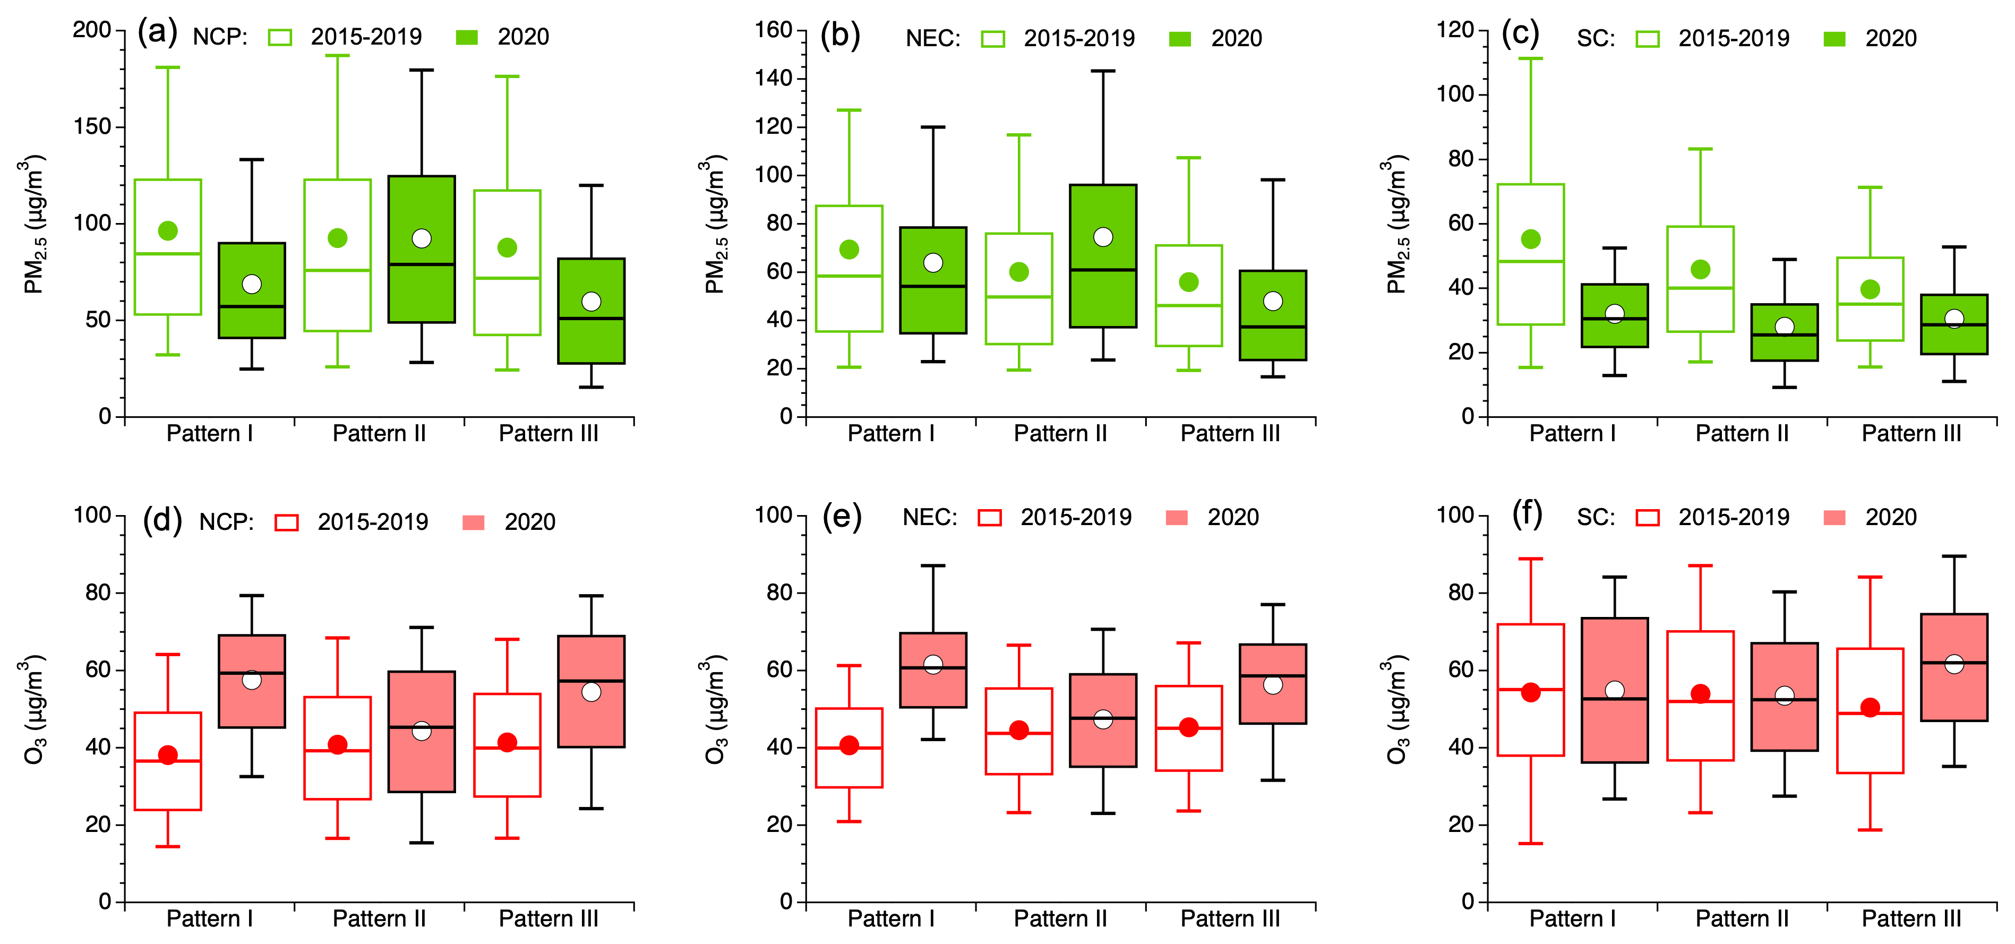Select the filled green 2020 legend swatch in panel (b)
click(x=1180, y=38)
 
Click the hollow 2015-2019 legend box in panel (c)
click(x=1648, y=38)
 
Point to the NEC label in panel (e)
click(x=929, y=518)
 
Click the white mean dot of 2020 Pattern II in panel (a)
click(x=422, y=238)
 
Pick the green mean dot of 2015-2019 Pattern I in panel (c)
click(x=1531, y=239)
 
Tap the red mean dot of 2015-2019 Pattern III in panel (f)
click(x=1870, y=708)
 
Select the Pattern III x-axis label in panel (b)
click(x=1230, y=433)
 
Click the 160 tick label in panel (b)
click(x=774, y=30)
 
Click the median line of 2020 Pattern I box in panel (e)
click(x=933, y=667)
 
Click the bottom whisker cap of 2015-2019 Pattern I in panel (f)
click(x=1531, y=843)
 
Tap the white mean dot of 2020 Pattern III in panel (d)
click(x=591, y=692)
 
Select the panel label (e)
click(x=842, y=517)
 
